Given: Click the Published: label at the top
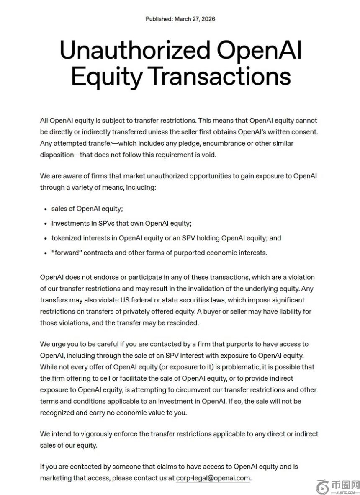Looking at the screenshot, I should click(x=159, y=19).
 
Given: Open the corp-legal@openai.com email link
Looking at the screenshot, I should click(x=213, y=478).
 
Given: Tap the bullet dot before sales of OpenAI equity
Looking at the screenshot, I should click(x=45, y=209).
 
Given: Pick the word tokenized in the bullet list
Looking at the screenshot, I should click(x=67, y=238).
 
